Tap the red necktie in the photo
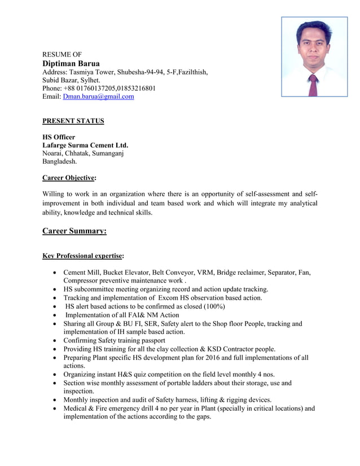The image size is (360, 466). [x=313, y=84]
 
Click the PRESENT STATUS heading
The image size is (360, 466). [x=73, y=121]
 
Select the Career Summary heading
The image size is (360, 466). [x=74, y=231]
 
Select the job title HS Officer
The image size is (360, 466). [x=59, y=137]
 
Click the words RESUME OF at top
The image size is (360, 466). [x=62, y=54]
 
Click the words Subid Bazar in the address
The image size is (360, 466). [x=62, y=80]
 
